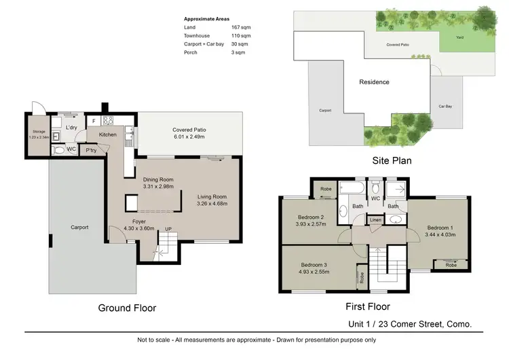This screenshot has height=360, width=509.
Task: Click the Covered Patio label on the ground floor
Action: pyautogui.click(x=189, y=129)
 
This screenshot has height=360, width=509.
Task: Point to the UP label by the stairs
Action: pyautogui.click(x=168, y=230)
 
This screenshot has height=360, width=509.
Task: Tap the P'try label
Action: pyautogui.click(x=90, y=151)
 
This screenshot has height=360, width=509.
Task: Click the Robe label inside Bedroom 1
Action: pyautogui.click(x=451, y=266)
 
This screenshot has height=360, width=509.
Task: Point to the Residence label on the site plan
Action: pyautogui.click(x=374, y=82)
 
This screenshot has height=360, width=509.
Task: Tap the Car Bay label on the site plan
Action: pyautogui.click(x=445, y=106)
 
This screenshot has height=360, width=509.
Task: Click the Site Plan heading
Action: pyautogui.click(x=392, y=161)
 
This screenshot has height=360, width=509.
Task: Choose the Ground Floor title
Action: pyautogui.click(x=127, y=308)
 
